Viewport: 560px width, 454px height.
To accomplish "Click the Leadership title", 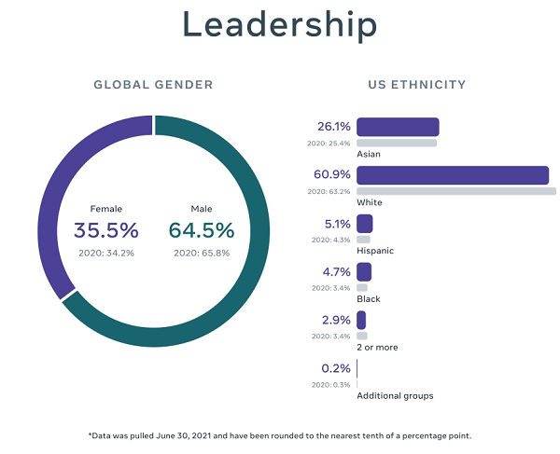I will (x=280, y=25).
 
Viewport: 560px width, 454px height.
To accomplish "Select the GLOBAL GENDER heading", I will (x=153, y=85).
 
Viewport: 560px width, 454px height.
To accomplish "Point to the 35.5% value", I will (x=105, y=229).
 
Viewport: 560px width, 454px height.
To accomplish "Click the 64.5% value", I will (x=202, y=229).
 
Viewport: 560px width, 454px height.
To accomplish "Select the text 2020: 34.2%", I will (x=105, y=253).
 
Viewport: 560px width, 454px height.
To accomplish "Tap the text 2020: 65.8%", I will (x=202, y=253).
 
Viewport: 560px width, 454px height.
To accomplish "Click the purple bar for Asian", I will (x=398, y=127).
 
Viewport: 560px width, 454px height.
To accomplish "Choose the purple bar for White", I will (x=452, y=175).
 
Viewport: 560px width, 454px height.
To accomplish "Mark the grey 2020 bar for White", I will (x=455, y=191).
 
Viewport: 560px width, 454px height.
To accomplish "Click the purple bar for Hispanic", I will (x=364, y=224).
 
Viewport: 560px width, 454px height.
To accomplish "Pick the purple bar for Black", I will (x=364, y=272).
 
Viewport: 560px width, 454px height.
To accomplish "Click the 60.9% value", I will (x=333, y=175).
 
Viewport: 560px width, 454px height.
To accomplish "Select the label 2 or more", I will (x=377, y=348).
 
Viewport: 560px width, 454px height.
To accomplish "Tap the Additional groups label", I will (x=395, y=396).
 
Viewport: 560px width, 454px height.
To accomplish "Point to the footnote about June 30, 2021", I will (x=280, y=435).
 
